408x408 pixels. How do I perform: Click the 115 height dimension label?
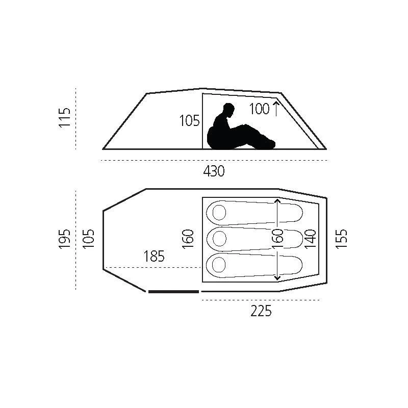(x=65, y=117)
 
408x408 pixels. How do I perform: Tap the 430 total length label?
(x=214, y=171)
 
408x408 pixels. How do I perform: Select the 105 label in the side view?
(x=189, y=121)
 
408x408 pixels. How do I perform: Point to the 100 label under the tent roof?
(x=259, y=109)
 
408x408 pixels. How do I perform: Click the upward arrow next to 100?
(x=275, y=109)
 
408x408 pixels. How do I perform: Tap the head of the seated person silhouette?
(x=228, y=110)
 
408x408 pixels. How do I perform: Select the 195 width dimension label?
(x=65, y=239)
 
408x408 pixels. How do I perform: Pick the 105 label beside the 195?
(x=88, y=239)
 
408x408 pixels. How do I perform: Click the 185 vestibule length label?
(x=154, y=257)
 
